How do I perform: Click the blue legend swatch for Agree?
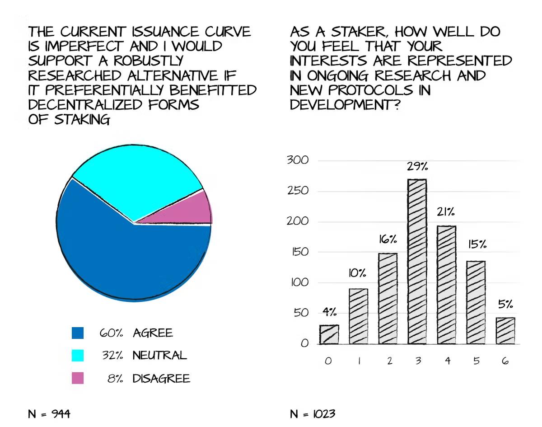[x=78, y=333]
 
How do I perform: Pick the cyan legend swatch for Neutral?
[x=78, y=355]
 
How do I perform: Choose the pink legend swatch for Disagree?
[x=78, y=378]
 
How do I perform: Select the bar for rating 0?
[x=329, y=334]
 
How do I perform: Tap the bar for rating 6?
[x=505, y=331]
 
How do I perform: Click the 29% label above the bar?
[x=417, y=167]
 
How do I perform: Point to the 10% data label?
[x=358, y=273]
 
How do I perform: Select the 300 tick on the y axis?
[x=298, y=160]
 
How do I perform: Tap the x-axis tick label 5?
[x=476, y=361]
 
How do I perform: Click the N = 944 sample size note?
[x=49, y=413]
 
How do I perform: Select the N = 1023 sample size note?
[x=313, y=413]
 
